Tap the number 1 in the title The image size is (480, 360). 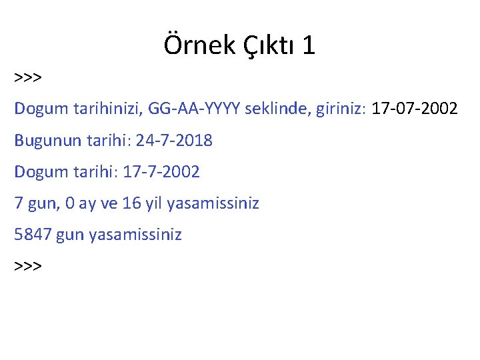coord(308,46)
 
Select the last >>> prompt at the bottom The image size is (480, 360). coord(28,266)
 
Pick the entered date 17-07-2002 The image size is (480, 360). coord(415,109)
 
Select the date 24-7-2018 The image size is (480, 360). coord(174,141)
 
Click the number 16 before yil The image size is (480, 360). coord(132,203)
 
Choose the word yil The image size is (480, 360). coord(154,203)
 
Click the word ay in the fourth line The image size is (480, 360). coord(87,203)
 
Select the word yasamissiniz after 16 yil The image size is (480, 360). coord(213,203)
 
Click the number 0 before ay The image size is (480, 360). coord(70,203)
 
